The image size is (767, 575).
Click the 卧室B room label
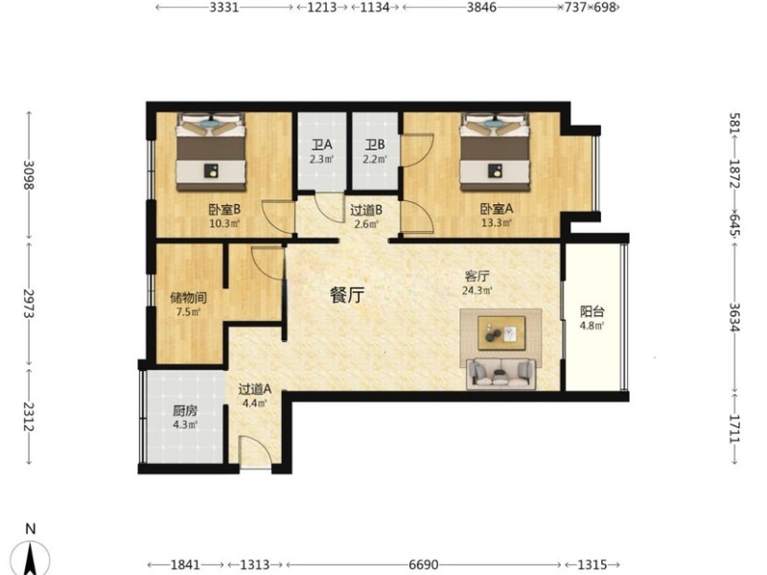click(224, 210)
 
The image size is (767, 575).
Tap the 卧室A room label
click(497, 209)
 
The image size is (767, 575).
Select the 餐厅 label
click(347, 295)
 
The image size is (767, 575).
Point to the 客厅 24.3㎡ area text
click(476, 290)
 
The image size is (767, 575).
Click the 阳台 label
click(592, 311)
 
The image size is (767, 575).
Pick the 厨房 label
click(185, 411)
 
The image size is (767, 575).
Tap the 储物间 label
click(188, 297)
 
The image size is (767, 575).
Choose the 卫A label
click(322, 145)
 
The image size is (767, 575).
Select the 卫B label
click(375, 145)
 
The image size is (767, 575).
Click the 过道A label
click(255, 389)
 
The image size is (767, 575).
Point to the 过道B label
click(366, 210)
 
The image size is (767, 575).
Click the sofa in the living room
click(500, 374)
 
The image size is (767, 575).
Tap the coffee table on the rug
click(501, 333)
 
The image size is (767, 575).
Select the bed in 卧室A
click(495, 151)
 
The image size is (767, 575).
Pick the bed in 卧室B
click(211, 151)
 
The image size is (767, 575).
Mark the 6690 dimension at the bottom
click(424, 564)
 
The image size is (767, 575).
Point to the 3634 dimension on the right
click(734, 317)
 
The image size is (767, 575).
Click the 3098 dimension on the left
click(29, 175)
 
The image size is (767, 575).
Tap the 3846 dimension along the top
click(481, 8)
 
